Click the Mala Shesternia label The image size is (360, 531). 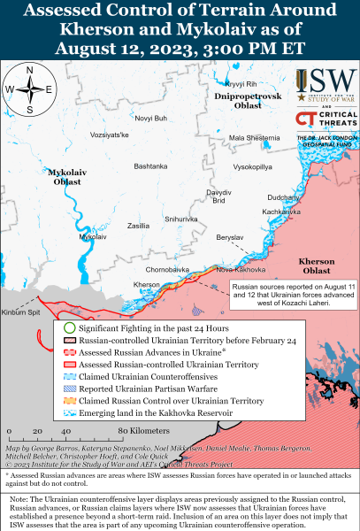pos(255,138)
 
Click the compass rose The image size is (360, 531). pos(29,88)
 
